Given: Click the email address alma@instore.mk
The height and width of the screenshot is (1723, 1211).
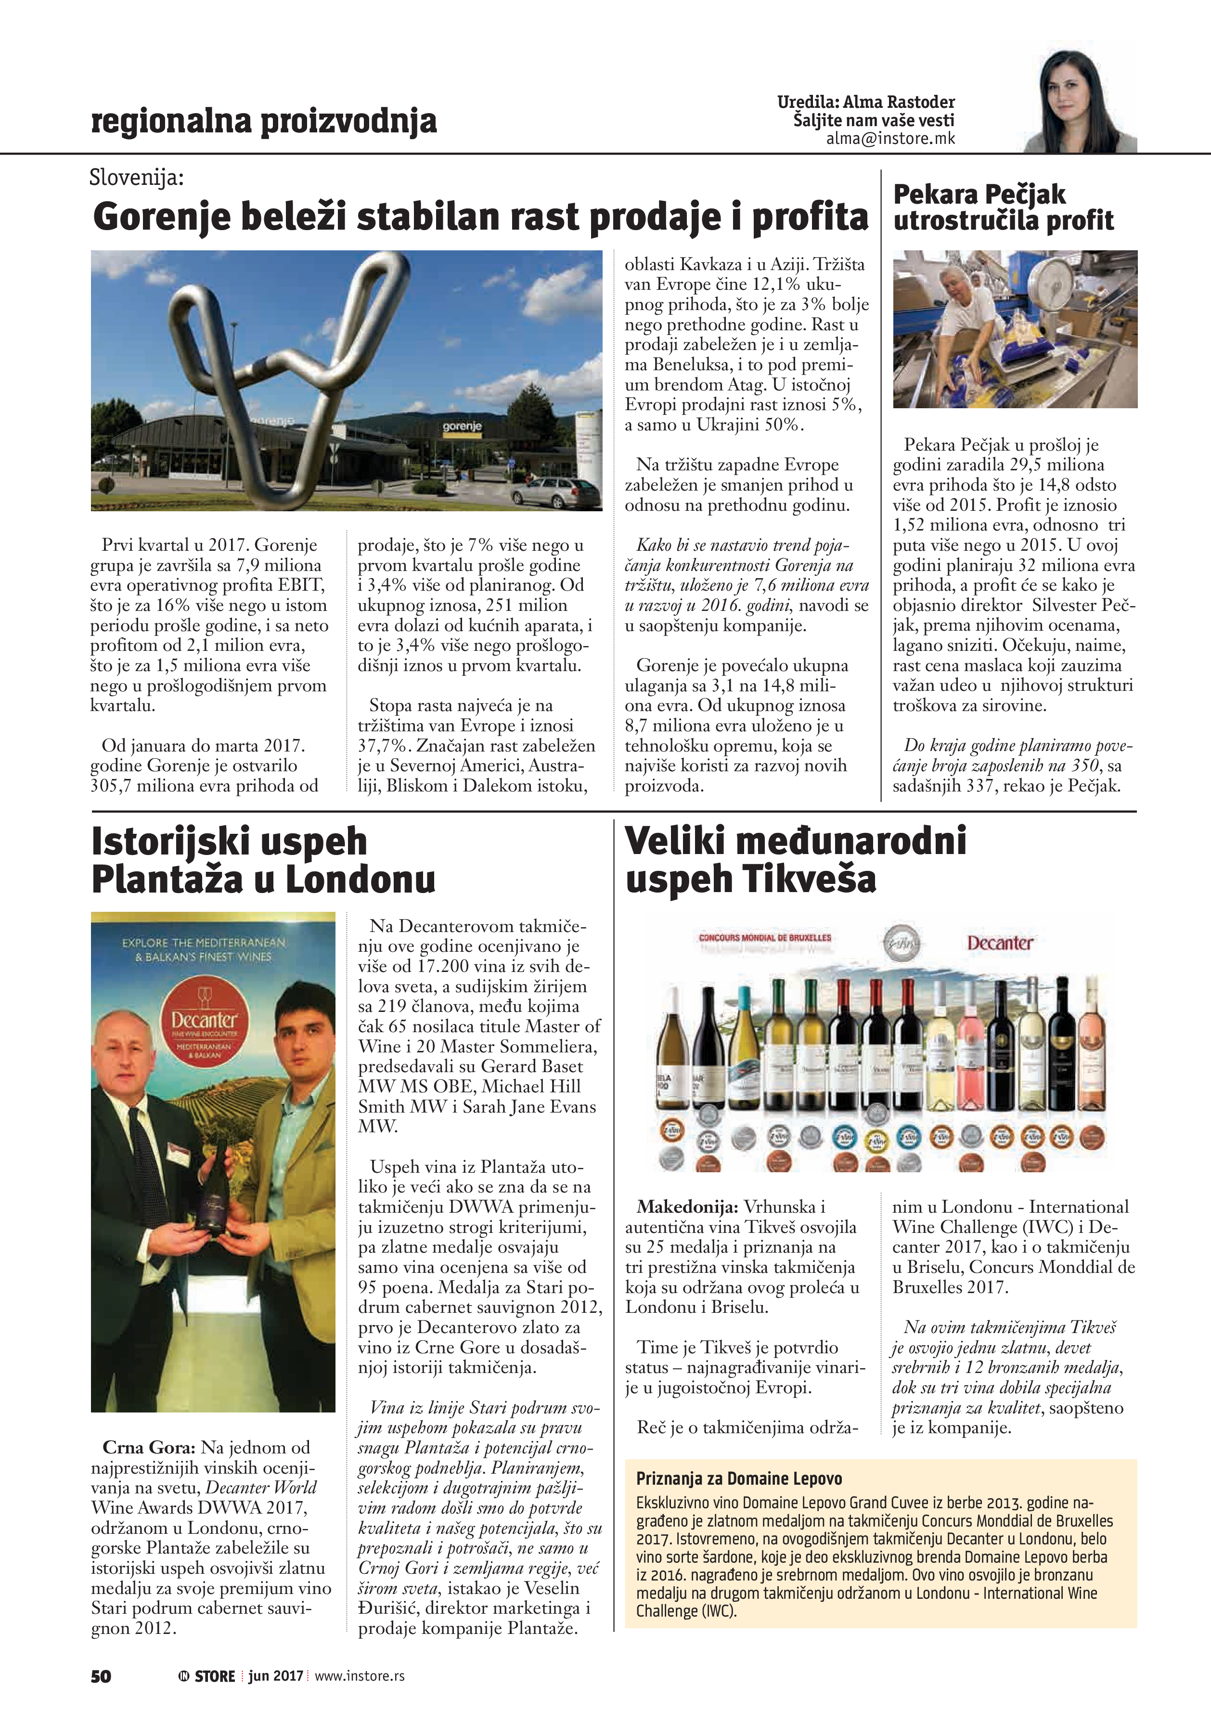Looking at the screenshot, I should (x=890, y=139).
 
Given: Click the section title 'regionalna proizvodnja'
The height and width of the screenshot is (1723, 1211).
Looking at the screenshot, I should (x=263, y=121).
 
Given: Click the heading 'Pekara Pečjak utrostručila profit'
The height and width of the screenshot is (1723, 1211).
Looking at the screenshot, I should (x=1003, y=207).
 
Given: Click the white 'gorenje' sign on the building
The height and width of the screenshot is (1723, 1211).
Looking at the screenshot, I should (x=462, y=426).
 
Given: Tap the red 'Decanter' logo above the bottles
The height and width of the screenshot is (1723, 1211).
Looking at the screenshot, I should (x=1000, y=943).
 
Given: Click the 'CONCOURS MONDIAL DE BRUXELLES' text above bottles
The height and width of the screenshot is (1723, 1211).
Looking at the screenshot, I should (x=764, y=938).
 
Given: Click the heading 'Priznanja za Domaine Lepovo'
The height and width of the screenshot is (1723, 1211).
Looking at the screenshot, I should (x=738, y=1478).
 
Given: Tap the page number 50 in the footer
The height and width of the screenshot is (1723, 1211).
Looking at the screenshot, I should (x=101, y=1676).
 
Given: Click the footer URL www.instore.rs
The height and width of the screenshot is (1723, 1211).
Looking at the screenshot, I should (x=360, y=1676).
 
